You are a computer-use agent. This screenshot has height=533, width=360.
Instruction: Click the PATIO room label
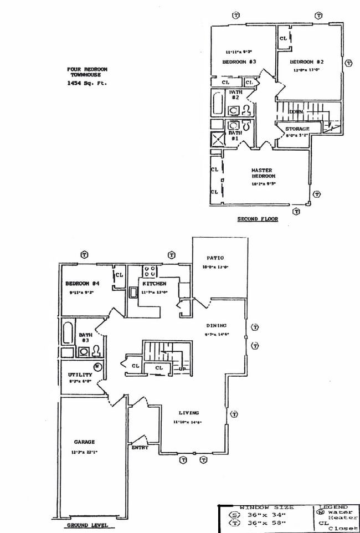tap(215, 258)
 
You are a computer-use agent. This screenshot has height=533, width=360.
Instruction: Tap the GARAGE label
tap(84, 442)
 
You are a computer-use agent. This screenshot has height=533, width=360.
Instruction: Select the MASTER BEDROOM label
tap(263, 173)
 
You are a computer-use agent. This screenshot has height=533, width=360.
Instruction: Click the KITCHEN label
tap(154, 284)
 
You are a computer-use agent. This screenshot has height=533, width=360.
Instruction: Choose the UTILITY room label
tap(80, 375)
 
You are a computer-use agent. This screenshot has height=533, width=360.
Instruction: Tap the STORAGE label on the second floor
tap(297, 129)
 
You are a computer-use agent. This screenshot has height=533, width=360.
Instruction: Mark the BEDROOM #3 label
tap(239, 62)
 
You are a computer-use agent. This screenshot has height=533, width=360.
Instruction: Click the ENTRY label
tap(140, 448)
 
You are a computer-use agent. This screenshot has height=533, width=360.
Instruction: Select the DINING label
tap(217, 326)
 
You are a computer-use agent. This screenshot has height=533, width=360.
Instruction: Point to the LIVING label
tap(189, 413)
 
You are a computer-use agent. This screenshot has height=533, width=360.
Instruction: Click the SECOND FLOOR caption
tap(258, 219)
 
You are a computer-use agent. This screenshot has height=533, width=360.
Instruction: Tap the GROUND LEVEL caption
tap(87, 525)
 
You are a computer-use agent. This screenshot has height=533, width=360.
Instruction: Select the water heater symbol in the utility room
tap(97, 366)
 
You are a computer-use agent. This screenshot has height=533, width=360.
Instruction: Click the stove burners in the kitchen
tap(150, 271)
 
